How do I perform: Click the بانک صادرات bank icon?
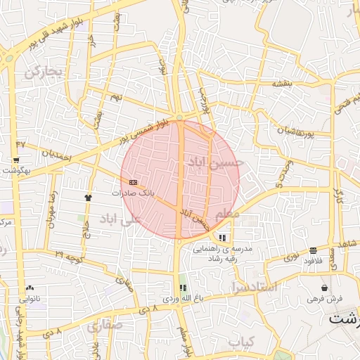point(133,182)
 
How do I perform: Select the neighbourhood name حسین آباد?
point(216,164)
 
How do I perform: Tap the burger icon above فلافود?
point(312,250)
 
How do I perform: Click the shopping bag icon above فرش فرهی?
point(323,288)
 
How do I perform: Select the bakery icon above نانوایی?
point(30,288)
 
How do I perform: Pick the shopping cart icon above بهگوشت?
point(15,160)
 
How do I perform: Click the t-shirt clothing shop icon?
point(88,198)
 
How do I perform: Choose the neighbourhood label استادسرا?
point(258,288)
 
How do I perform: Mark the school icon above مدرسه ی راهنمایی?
point(223,238)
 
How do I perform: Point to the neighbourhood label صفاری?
point(105,326)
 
